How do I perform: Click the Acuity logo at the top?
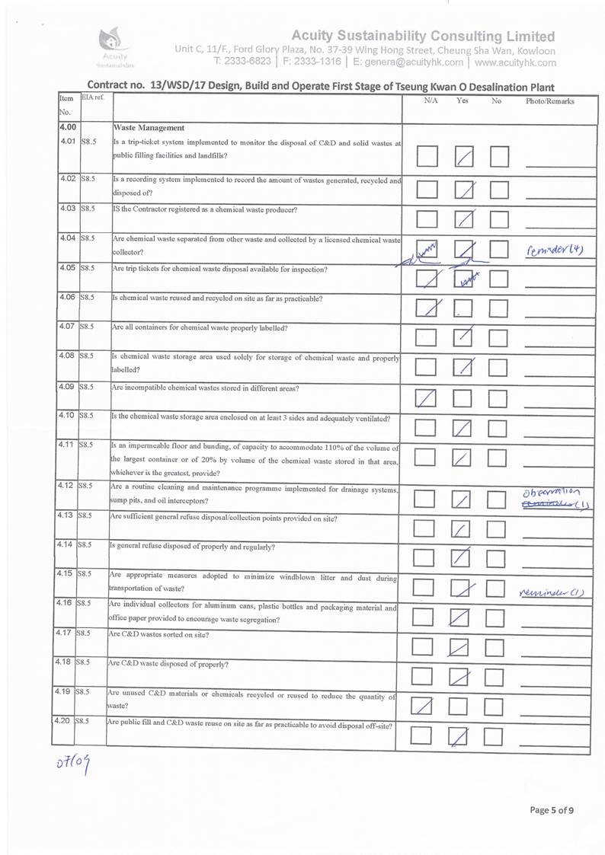coord(114,47)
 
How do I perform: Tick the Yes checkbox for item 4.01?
coord(463,158)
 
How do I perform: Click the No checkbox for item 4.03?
coord(499,219)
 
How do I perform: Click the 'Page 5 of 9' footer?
coord(552,810)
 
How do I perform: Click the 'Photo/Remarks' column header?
coord(549,100)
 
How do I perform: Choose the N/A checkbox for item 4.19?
coord(426,706)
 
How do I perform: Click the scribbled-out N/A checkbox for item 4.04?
coord(427,249)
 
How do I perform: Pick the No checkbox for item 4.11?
coord(498,458)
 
